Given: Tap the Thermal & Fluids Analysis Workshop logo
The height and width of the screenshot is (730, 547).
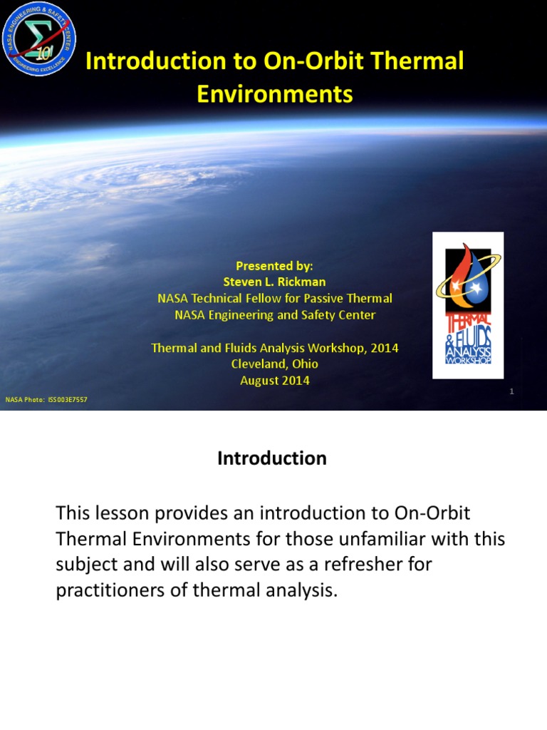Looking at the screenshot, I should pyautogui.click(x=468, y=305).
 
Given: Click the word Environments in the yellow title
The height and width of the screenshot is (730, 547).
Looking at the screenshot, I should pyautogui.click(x=275, y=94).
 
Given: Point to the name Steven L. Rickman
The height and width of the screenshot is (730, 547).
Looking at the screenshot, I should pyautogui.click(x=275, y=282).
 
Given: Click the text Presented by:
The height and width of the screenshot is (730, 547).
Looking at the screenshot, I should pyautogui.click(x=275, y=266).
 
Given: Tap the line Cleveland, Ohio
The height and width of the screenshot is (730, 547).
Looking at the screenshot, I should pyautogui.click(x=275, y=364).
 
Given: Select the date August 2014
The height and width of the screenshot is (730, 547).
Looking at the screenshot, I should pyautogui.click(x=275, y=380).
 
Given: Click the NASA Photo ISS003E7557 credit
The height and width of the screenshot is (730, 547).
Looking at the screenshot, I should pyautogui.click(x=46, y=400).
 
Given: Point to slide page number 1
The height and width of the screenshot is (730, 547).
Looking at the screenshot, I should pyautogui.click(x=511, y=391).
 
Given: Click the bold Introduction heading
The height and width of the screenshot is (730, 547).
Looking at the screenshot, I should pyautogui.click(x=272, y=459).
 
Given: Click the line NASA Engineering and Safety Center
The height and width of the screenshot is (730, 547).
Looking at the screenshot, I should pyautogui.click(x=275, y=314).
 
